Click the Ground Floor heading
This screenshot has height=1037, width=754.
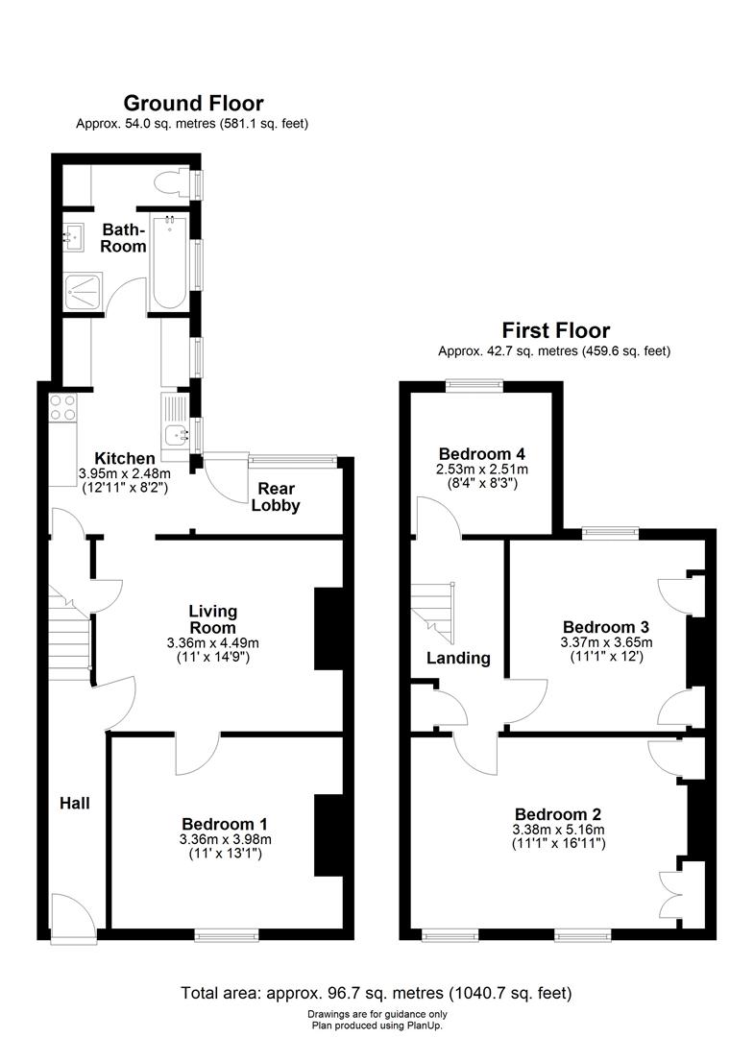click(193, 103)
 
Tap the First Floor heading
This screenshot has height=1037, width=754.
click(555, 330)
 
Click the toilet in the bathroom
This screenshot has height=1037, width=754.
click(171, 183)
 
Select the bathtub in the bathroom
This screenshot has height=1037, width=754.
click(169, 262)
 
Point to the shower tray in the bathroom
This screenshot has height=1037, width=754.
click(84, 291)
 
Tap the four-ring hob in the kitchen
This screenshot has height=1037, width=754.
click(62, 407)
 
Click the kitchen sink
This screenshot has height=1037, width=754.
click(176, 435)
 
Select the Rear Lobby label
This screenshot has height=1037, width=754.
click(276, 497)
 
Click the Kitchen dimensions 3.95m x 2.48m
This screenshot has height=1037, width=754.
click(124, 473)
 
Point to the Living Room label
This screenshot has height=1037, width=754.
click(212, 619)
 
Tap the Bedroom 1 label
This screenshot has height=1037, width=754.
click(224, 824)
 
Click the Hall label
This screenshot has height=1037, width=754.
click(75, 804)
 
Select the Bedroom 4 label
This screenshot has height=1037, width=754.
click(481, 453)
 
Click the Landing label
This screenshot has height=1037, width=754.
click(458, 658)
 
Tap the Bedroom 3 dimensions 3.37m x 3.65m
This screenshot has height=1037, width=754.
click(606, 642)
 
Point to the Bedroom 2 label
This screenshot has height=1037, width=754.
click(558, 814)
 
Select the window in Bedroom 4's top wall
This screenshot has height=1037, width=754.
click(474, 386)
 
